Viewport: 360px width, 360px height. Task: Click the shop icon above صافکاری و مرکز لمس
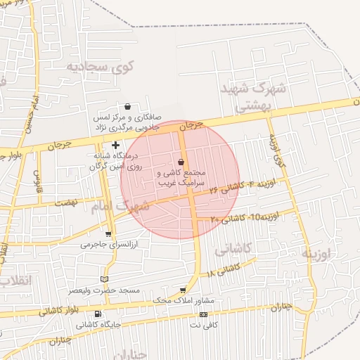click(127, 107)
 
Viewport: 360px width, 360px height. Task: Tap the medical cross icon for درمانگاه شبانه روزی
click(115, 145)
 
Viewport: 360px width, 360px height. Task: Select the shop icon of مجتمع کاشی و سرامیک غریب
click(181, 162)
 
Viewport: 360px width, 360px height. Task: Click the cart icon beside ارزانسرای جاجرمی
click(108, 234)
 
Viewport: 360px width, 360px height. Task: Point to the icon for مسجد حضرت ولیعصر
click(105, 279)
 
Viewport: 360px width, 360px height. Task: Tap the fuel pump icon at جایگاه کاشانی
click(97, 314)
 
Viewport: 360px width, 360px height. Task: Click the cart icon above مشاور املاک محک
click(184, 290)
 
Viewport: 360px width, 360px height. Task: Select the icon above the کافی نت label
click(203, 314)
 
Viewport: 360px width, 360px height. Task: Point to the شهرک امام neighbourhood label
click(120, 207)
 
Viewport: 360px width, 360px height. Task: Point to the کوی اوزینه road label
click(278, 151)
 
